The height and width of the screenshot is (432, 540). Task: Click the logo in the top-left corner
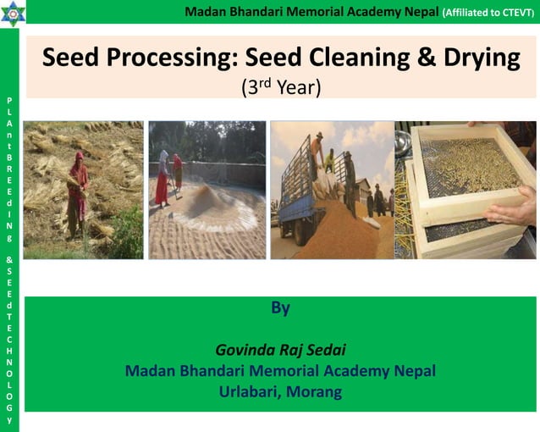[x=14, y=13]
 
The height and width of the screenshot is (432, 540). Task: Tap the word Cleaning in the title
[x=347, y=58]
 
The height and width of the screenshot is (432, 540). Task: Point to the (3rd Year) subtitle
[x=281, y=86]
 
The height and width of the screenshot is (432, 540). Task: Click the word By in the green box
[x=280, y=308]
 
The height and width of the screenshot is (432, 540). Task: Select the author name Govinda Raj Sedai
[x=280, y=350]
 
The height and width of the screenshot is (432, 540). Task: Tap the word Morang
[x=314, y=391]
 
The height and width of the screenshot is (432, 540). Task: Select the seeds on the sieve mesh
[x=470, y=169]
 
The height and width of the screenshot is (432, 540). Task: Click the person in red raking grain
[x=161, y=178]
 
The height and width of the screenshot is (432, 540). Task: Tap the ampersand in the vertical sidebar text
[x=8, y=260]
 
